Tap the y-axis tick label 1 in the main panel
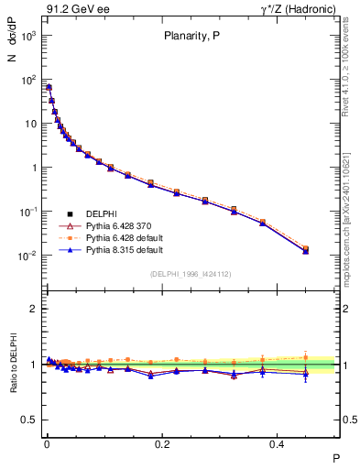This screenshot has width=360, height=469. (x=33, y=168)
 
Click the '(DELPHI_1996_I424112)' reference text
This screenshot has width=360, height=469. (x=190, y=274)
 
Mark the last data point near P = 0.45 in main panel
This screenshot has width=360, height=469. (x=306, y=249)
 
